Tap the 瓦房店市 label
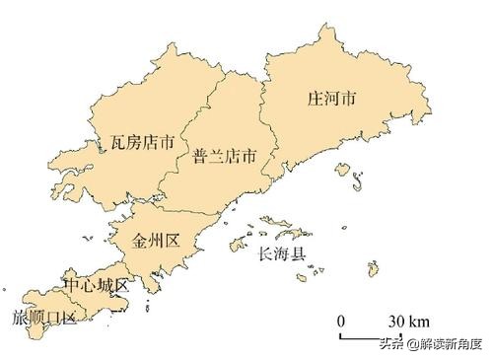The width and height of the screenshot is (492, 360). [x=143, y=143]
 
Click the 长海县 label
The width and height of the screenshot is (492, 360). [x=282, y=254]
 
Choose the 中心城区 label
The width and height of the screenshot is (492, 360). [x=96, y=285]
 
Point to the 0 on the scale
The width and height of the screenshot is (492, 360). [x=341, y=322]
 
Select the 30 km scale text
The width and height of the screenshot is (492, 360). [x=407, y=322]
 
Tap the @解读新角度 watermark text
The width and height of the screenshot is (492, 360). [x=447, y=345]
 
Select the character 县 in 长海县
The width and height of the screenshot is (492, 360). [x=300, y=254]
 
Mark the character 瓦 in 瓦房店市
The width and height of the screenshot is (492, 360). [x=117, y=143]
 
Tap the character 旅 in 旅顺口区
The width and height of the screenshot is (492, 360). [x=19, y=318]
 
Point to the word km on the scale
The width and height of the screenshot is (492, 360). [x=420, y=322]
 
